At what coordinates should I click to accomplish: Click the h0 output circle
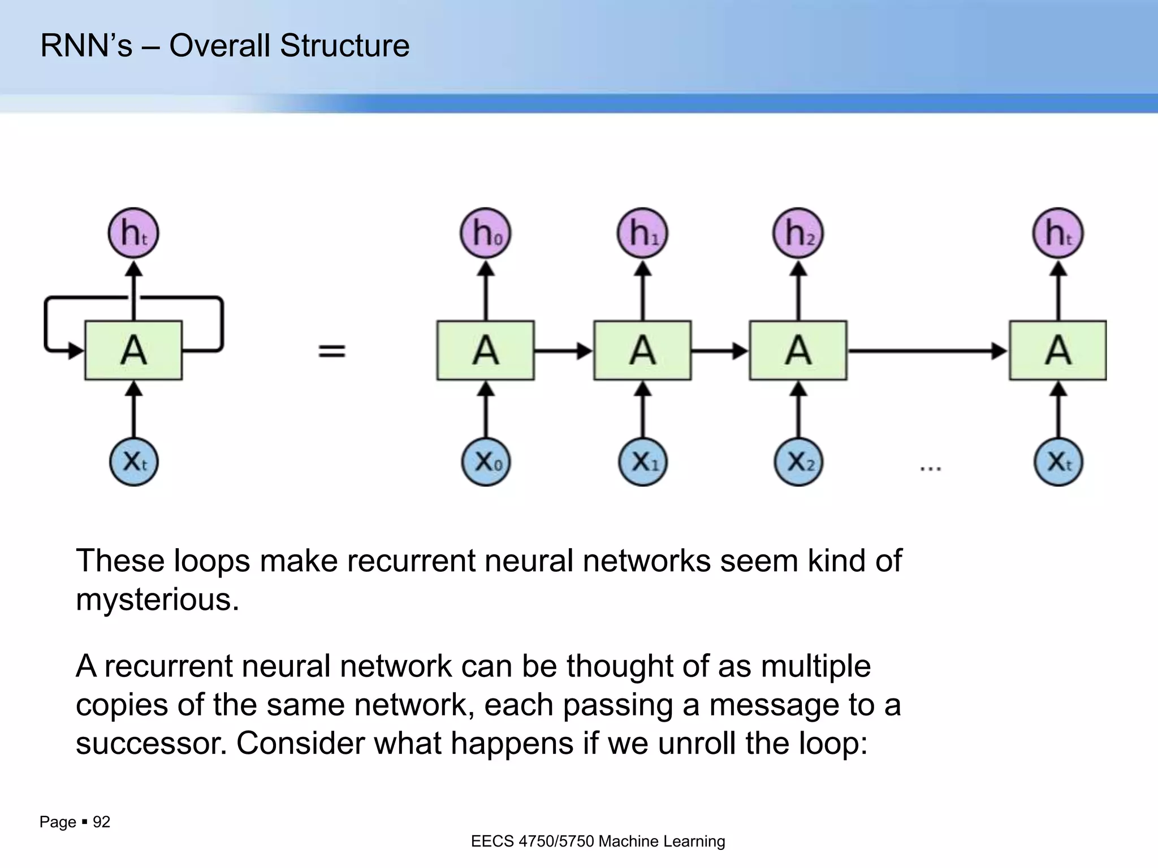tap(485, 233)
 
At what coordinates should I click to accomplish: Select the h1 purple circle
tap(642, 233)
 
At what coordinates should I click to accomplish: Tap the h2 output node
tap(798, 233)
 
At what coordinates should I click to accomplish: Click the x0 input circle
tap(486, 462)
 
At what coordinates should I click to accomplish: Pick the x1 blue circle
tap(642, 462)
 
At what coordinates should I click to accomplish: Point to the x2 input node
tap(798, 462)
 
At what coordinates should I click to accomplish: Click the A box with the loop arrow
tap(133, 350)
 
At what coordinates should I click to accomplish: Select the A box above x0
tap(485, 350)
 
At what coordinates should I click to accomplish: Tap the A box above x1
tap(642, 350)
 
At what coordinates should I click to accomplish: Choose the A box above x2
tap(798, 350)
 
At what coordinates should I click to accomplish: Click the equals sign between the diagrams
tap(332, 351)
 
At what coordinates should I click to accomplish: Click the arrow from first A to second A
tap(563, 351)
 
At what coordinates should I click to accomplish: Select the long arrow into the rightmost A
tap(927, 351)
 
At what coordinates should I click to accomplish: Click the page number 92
tap(101, 822)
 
